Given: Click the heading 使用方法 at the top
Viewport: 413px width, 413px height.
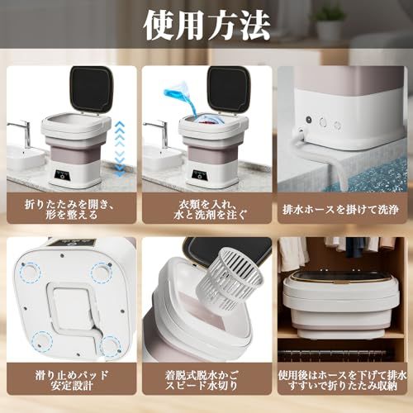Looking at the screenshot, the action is coord(206,26).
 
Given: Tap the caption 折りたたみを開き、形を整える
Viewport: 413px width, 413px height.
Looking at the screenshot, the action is coord(72,208).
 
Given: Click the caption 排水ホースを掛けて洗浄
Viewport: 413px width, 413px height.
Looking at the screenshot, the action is coord(341,209).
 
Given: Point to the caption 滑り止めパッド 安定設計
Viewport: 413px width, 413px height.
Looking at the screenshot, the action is coord(72,380).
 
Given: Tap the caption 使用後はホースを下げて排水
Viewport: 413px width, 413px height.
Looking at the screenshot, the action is coord(342,375).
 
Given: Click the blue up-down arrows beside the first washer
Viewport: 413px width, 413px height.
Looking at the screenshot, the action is coord(120,149).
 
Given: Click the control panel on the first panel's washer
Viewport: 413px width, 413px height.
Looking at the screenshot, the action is coord(62,175).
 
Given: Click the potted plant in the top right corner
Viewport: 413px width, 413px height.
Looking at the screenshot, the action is coord(330,22).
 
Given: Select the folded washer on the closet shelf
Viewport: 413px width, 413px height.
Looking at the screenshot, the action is coord(339,303).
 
